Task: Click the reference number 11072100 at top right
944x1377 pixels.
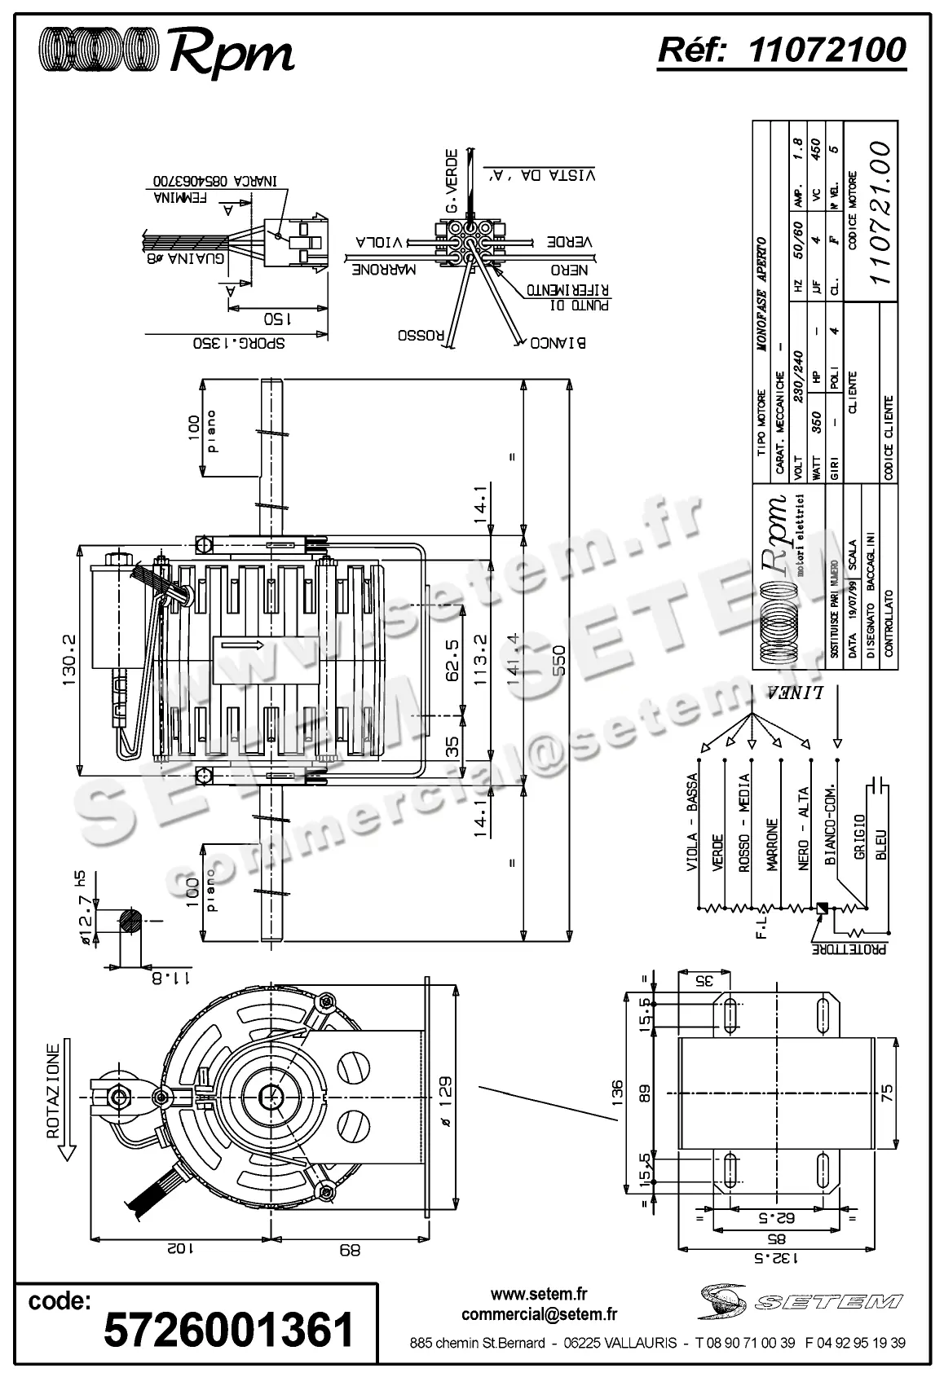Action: [x=826, y=51]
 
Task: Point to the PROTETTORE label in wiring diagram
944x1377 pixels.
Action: [x=850, y=948]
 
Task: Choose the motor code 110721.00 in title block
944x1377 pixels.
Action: [x=879, y=213]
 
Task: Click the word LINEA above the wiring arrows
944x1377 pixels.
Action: [x=795, y=693]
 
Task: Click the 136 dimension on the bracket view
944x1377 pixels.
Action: [x=616, y=1091]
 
